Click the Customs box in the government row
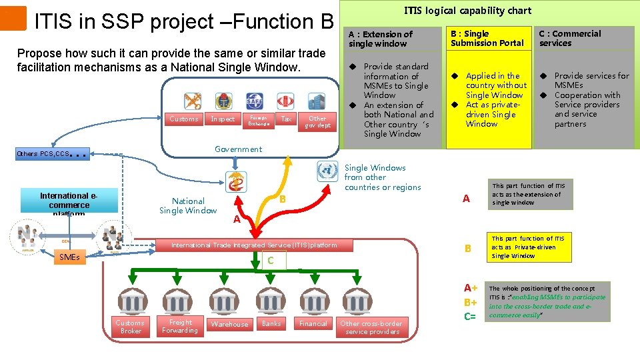pos(184,119)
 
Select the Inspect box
pos(223,119)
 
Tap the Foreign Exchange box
pos(259,120)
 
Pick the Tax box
pos(287,119)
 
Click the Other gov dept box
pos(318,122)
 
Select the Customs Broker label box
pos(130,327)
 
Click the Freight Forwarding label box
pos(179,326)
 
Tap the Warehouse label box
pos(229,324)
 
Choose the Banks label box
pos(271,323)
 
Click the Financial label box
pos(313,323)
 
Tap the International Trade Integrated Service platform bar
pos(254,245)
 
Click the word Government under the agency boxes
pos(238,149)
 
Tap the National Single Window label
pos(188,205)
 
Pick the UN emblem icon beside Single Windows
pos(327,171)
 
